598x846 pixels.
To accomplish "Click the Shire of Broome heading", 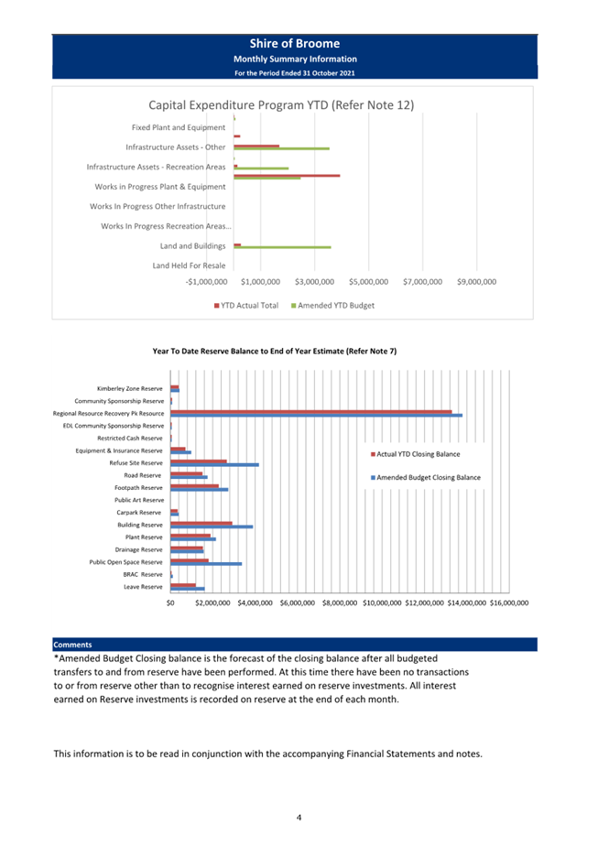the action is point(295,44).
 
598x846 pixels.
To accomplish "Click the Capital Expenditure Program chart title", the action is point(281,105).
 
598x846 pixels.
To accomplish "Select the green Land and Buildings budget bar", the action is point(282,247).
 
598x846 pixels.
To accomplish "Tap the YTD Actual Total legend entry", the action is point(246,306).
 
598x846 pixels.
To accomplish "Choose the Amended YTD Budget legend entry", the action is point(333,306).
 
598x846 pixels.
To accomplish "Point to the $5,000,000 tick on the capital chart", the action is point(369,282).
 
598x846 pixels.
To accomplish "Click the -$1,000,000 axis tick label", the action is point(207,282).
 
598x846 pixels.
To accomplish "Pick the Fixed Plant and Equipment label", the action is point(179,127).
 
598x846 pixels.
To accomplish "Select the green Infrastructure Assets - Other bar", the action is point(282,148).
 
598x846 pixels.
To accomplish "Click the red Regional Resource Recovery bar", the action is point(310,412).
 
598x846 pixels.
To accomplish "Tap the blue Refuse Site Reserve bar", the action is point(215,464).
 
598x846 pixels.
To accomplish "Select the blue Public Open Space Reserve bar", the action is point(206,564).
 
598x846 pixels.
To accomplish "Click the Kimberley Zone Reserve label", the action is point(129,388).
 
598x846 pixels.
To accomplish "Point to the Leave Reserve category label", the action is point(143,587).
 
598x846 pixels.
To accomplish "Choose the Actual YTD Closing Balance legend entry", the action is point(415,454).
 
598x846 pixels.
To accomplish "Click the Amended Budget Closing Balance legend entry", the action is point(425,478).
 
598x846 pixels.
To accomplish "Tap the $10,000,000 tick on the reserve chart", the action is point(382,602).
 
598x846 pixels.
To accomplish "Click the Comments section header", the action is point(73,645).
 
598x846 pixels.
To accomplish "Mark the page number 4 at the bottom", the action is point(299,818).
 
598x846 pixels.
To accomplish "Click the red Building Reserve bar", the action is point(201,524).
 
